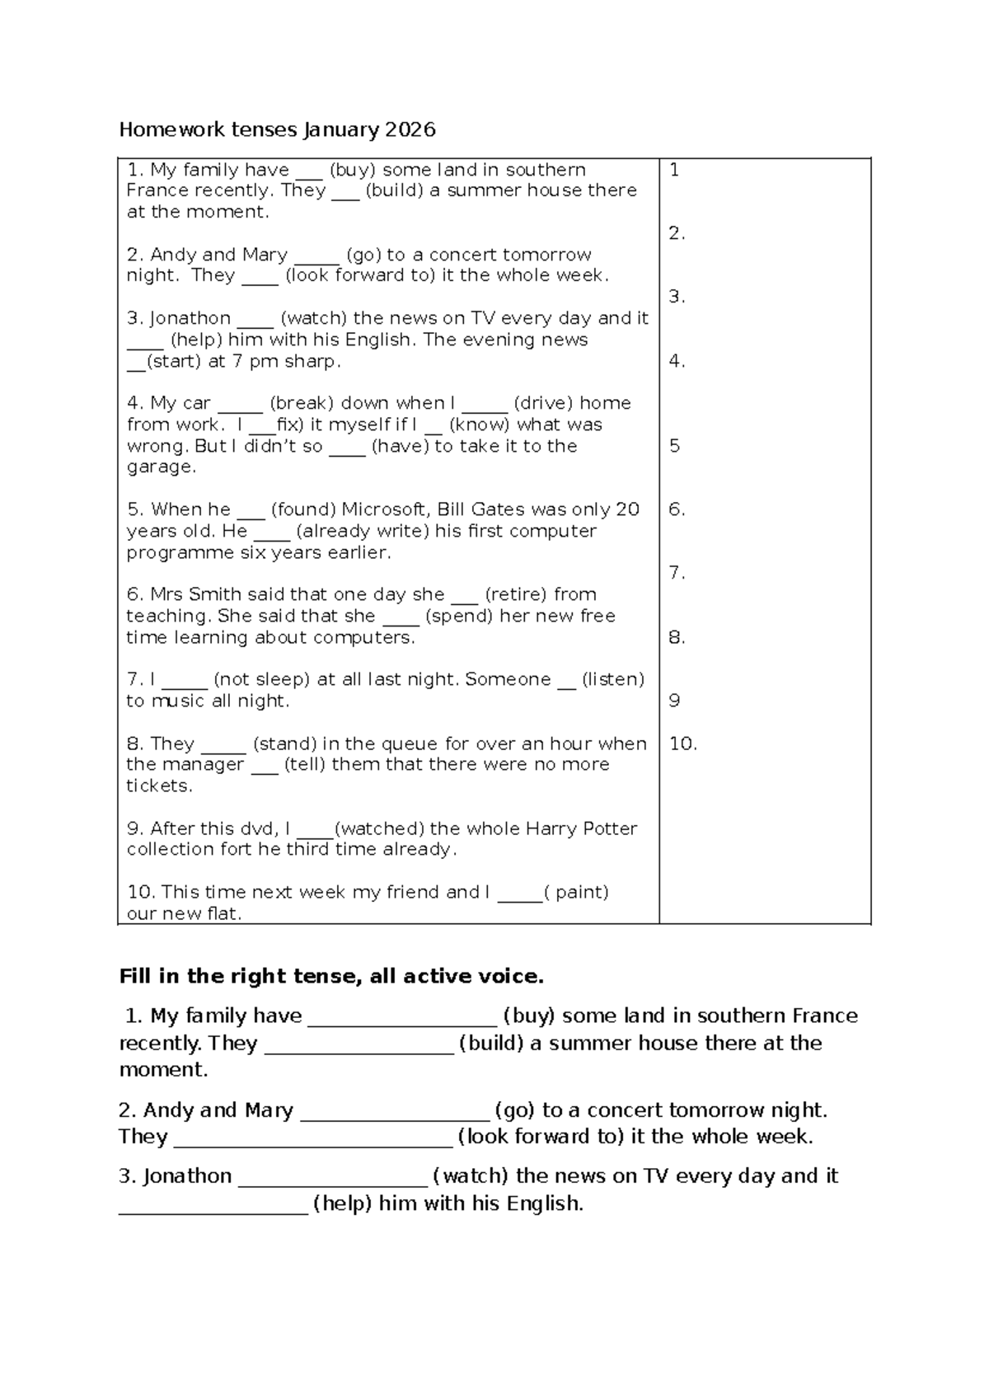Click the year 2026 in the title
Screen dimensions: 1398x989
pos(409,129)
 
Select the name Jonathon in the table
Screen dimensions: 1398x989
pos(190,318)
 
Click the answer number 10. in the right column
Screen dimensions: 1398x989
pos(682,744)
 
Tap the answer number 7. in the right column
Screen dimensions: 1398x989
pos(677,573)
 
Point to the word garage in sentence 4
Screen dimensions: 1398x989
pos(160,467)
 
